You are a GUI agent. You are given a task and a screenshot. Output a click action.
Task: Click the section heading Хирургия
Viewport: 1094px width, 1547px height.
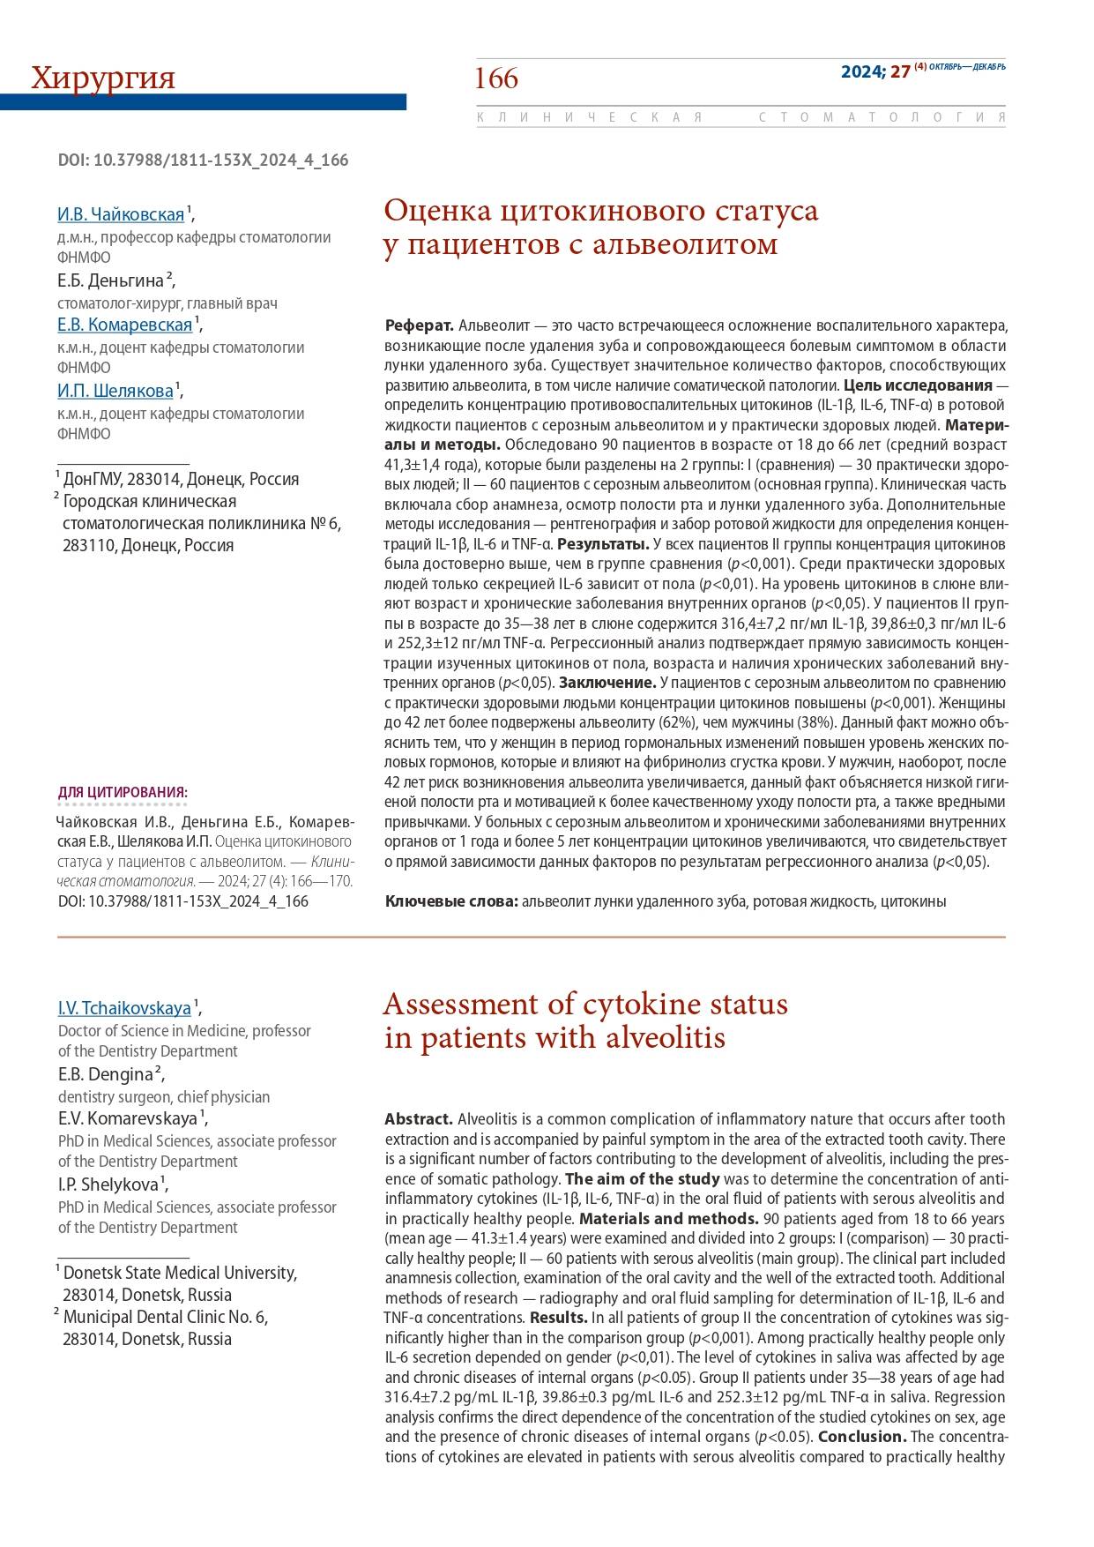click(103, 78)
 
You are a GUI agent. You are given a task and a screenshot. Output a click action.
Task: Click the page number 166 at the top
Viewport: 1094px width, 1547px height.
click(496, 78)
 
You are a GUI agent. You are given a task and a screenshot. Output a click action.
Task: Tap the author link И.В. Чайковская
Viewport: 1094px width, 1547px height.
click(121, 214)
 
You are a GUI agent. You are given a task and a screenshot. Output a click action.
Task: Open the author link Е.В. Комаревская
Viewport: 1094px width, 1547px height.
click(124, 325)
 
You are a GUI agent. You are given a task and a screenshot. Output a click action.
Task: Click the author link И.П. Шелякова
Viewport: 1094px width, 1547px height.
click(115, 391)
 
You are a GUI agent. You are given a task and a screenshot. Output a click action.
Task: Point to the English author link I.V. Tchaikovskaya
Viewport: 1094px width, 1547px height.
click(124, 1007)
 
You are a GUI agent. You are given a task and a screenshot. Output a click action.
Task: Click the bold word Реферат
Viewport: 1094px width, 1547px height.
click(419, 325)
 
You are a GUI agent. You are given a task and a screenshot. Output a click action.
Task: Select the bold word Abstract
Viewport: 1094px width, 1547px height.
click(419, 1118)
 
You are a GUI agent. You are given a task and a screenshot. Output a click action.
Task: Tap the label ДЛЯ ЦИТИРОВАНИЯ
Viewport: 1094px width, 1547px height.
click(123, 792)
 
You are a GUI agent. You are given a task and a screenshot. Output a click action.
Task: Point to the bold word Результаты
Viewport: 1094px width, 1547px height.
click(603, 543)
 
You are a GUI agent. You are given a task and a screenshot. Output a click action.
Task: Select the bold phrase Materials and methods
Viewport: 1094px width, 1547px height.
click(668, 1219)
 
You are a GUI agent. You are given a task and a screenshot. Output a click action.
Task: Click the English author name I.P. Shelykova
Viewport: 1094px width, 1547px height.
click(108, 1185)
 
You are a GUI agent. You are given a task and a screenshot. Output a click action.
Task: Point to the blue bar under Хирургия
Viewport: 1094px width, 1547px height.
click(203, 102)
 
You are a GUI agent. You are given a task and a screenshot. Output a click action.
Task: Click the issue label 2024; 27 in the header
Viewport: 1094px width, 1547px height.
click(874, 71)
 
